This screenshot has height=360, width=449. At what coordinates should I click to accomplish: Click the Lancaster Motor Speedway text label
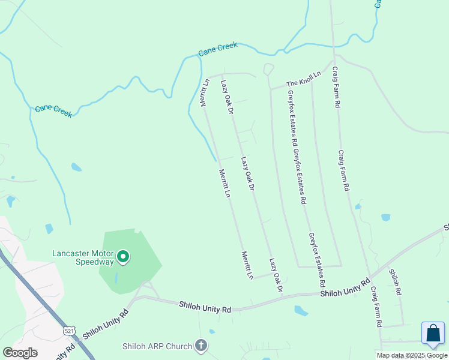point(83,257)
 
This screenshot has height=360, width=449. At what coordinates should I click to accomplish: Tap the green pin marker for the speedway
point(123,257)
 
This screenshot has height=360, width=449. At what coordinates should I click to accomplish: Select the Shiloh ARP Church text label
point(157,346)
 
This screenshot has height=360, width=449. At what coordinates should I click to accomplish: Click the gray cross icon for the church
point(201,346)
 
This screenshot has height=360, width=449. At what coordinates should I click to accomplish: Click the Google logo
point(20,352)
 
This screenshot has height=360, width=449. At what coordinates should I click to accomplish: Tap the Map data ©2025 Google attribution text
point(412,355)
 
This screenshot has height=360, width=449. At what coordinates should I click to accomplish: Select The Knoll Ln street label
point(304,79)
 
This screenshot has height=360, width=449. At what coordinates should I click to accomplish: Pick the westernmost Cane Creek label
point(53,110)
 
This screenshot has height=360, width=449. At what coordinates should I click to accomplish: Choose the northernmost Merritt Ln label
point(205,93)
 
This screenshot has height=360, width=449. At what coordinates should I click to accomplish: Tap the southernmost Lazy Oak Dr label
point(276,275)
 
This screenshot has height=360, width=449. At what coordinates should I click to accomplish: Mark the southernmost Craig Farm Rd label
point(376,306)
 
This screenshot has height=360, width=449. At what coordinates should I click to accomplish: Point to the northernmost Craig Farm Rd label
point(337,86)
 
